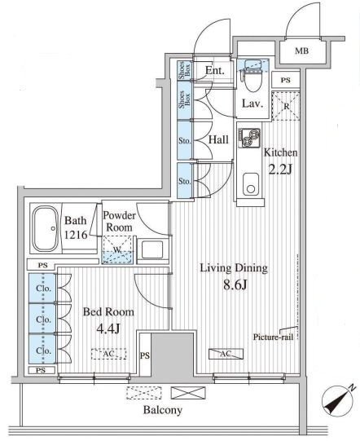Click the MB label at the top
click(301, 51)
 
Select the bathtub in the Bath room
click(45, 229)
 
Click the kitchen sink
click(251, 184)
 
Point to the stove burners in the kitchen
click(249, 138)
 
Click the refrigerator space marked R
click(286, 106)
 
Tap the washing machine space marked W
click(117, 249)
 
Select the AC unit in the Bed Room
click(109, 354)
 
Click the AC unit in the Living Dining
click(226, 354)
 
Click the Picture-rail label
click(273, 337)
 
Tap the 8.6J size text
click(235, 285)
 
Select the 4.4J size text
click(108, 329)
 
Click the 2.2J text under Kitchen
click(281, 169)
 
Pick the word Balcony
click(163, 410)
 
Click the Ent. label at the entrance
click(215, 70)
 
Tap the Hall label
click(218, 139)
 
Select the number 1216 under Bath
click(76, 235)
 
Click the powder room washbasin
click(152, 249)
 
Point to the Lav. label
click(252, 104)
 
